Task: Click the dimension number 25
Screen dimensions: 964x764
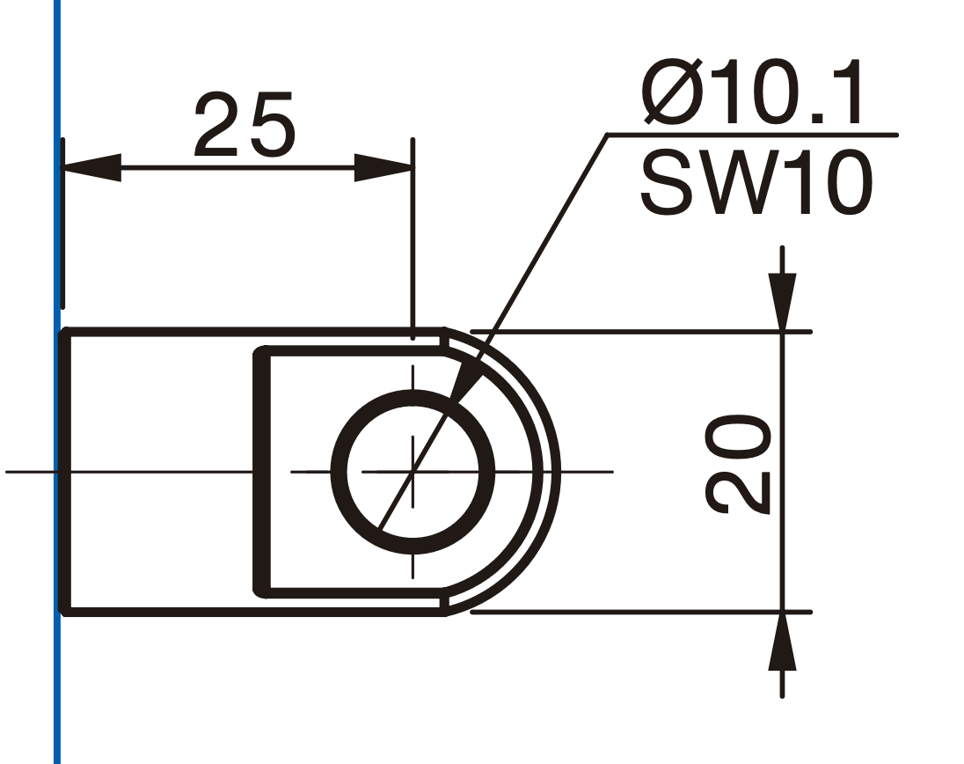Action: (245, 124)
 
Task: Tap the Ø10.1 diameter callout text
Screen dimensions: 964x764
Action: (751, 92)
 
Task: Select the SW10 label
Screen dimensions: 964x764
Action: (756, 183)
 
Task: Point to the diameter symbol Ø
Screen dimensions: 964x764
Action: (673, 92)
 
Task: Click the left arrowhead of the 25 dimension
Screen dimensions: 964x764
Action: (92, 167)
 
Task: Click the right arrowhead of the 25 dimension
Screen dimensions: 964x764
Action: (383, 167)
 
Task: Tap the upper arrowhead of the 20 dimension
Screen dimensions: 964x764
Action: (782, 302)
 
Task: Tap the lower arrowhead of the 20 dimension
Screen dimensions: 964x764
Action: (782, 641)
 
